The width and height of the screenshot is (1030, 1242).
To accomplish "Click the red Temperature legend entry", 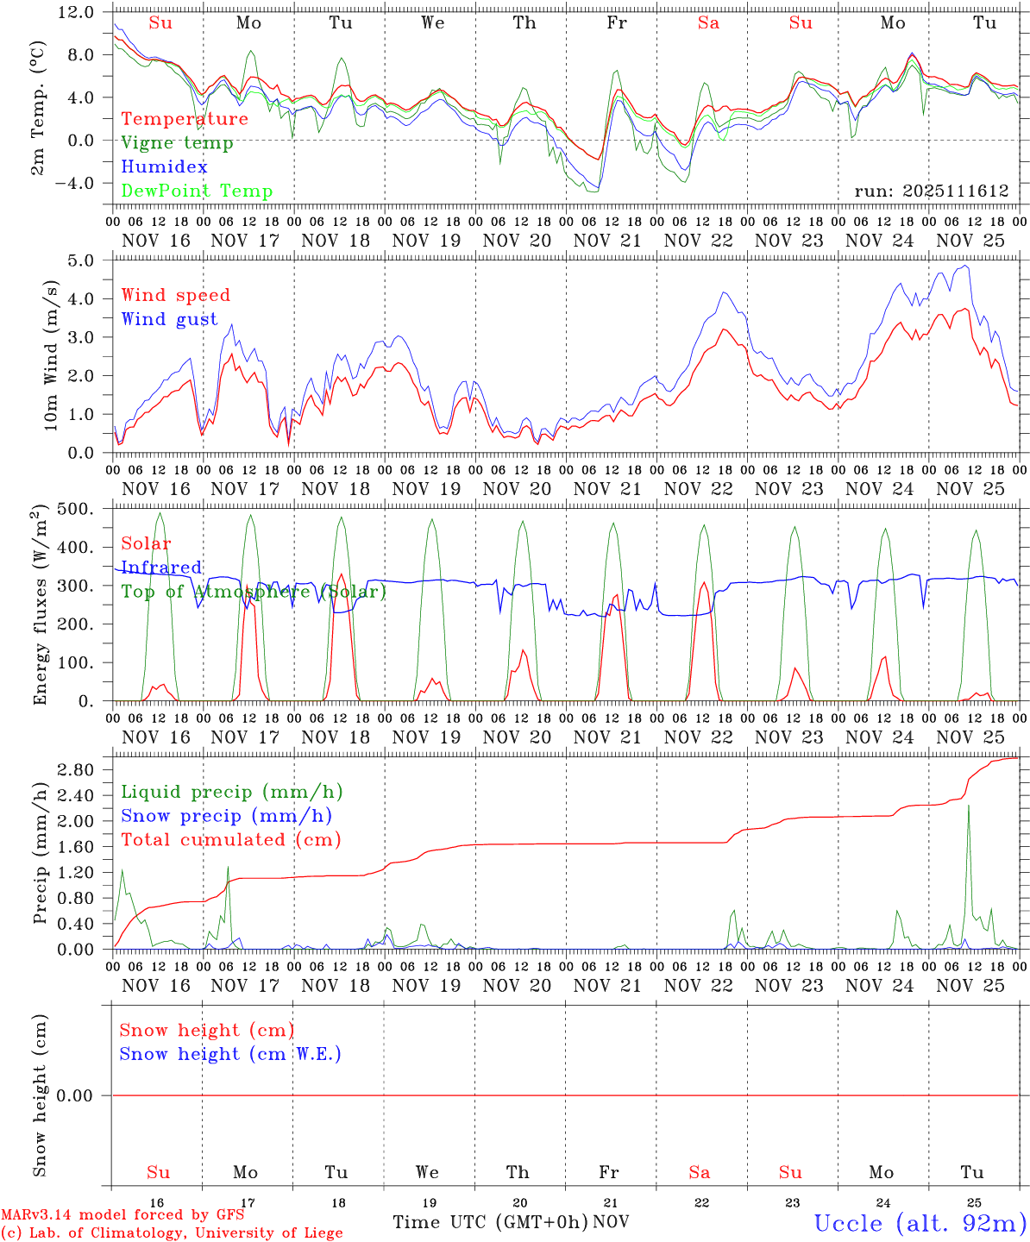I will (x=185, y=119).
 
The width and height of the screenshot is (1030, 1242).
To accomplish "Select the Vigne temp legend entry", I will (x=177, y=143).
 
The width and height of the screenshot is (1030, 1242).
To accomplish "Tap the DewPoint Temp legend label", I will (x=197, y=191).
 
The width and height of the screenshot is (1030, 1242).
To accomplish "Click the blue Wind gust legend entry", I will (x=169, y=319).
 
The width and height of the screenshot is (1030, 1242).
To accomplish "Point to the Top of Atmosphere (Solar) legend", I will (x=254, y=592).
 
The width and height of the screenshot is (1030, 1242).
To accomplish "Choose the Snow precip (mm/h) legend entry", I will (x=226, y=816).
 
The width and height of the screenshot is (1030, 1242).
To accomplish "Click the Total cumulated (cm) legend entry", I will (x=230, y=840).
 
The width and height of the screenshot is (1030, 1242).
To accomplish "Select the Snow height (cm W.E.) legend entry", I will (x=230, y=1054).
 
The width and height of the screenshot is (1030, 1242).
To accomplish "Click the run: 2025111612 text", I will (x=931, y=191).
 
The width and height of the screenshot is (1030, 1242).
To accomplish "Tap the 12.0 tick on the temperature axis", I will (x=78, y=12).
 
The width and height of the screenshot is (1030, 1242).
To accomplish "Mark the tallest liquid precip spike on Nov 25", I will (x=969, y=806).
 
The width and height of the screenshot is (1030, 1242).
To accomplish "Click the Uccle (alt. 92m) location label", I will (x=920, y=1223).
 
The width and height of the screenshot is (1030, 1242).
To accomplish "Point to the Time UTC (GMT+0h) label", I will (x=490, y=1222).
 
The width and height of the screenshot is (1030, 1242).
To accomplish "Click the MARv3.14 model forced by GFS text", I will (x=122, y=1214).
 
